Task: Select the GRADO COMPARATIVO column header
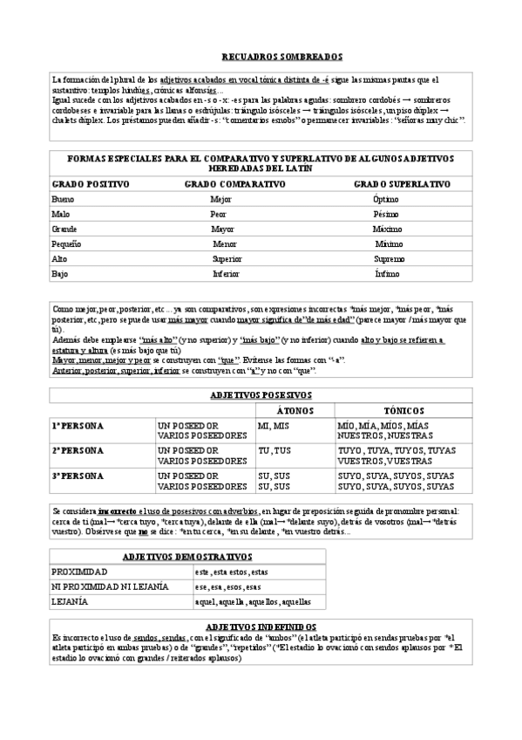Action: pyautogui.click(x=234, y=184)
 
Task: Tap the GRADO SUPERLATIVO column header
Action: pyautogui.click(x=402, y=184)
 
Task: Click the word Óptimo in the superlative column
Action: pyautogui.click(x=385, y=199)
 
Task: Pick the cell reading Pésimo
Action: pyautogui.click(x=385, y=214)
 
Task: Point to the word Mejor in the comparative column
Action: pyautogui.click(x=221, y=199)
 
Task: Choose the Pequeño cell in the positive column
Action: pyautogui.click(x=66, y=243)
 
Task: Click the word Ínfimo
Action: pyautogui.click(x=387, y=273)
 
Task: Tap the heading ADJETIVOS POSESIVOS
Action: pyautogui.click(x=261, y=394)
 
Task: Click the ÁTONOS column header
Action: pyautogui.click(x=290, y=409)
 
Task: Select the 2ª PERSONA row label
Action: pyautogui.click(x=78, y=450)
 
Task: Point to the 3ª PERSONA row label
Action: pyautogui.click(x=78, y=476)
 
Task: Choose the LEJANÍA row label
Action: pyautogui.click(x=70, y=602)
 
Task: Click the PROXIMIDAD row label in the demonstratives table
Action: pyautogui.click(x=79, y=571)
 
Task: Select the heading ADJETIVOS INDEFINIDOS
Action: pyautogui.click(x=261, y=627)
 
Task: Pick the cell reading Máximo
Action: pyautogui.click(x=387, y=229)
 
